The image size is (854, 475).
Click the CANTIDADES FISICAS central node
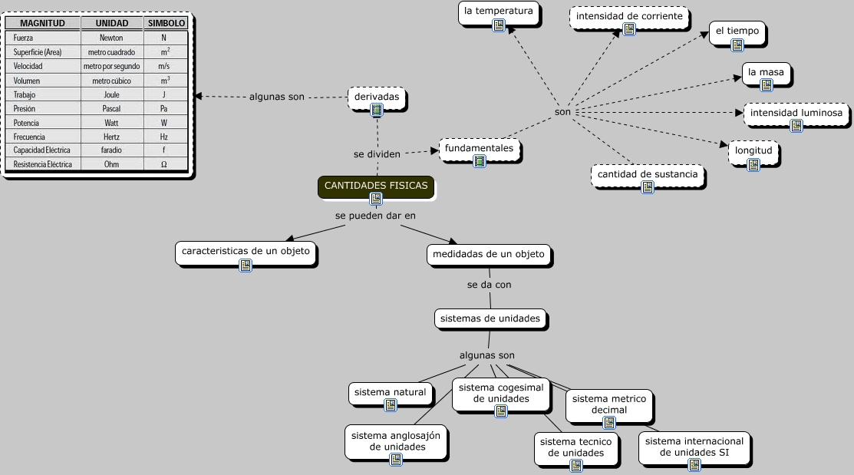coord(376,186)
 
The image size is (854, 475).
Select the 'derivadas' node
coord(376,98)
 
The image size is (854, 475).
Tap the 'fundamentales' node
coord(479,148)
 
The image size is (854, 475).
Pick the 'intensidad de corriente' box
coord(629,17)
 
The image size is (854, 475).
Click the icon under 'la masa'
coord(766,85)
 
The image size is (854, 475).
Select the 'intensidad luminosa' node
coord(796,114)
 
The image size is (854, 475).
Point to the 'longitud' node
coord(753,151)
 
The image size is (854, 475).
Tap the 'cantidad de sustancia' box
coord(648,175)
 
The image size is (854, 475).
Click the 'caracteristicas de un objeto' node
coord(246,252)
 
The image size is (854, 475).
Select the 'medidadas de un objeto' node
coord(489,255)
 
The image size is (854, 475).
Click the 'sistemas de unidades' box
coord(491,318)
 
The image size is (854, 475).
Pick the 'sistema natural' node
coord(389,393)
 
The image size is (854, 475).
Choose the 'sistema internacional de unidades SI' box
coord(694,447)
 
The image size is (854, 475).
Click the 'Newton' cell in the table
coord(111,38)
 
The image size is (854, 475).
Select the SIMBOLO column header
coord(167,23)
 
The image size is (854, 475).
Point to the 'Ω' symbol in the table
coord(164,164)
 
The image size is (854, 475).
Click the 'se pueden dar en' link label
coord(375,216)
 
